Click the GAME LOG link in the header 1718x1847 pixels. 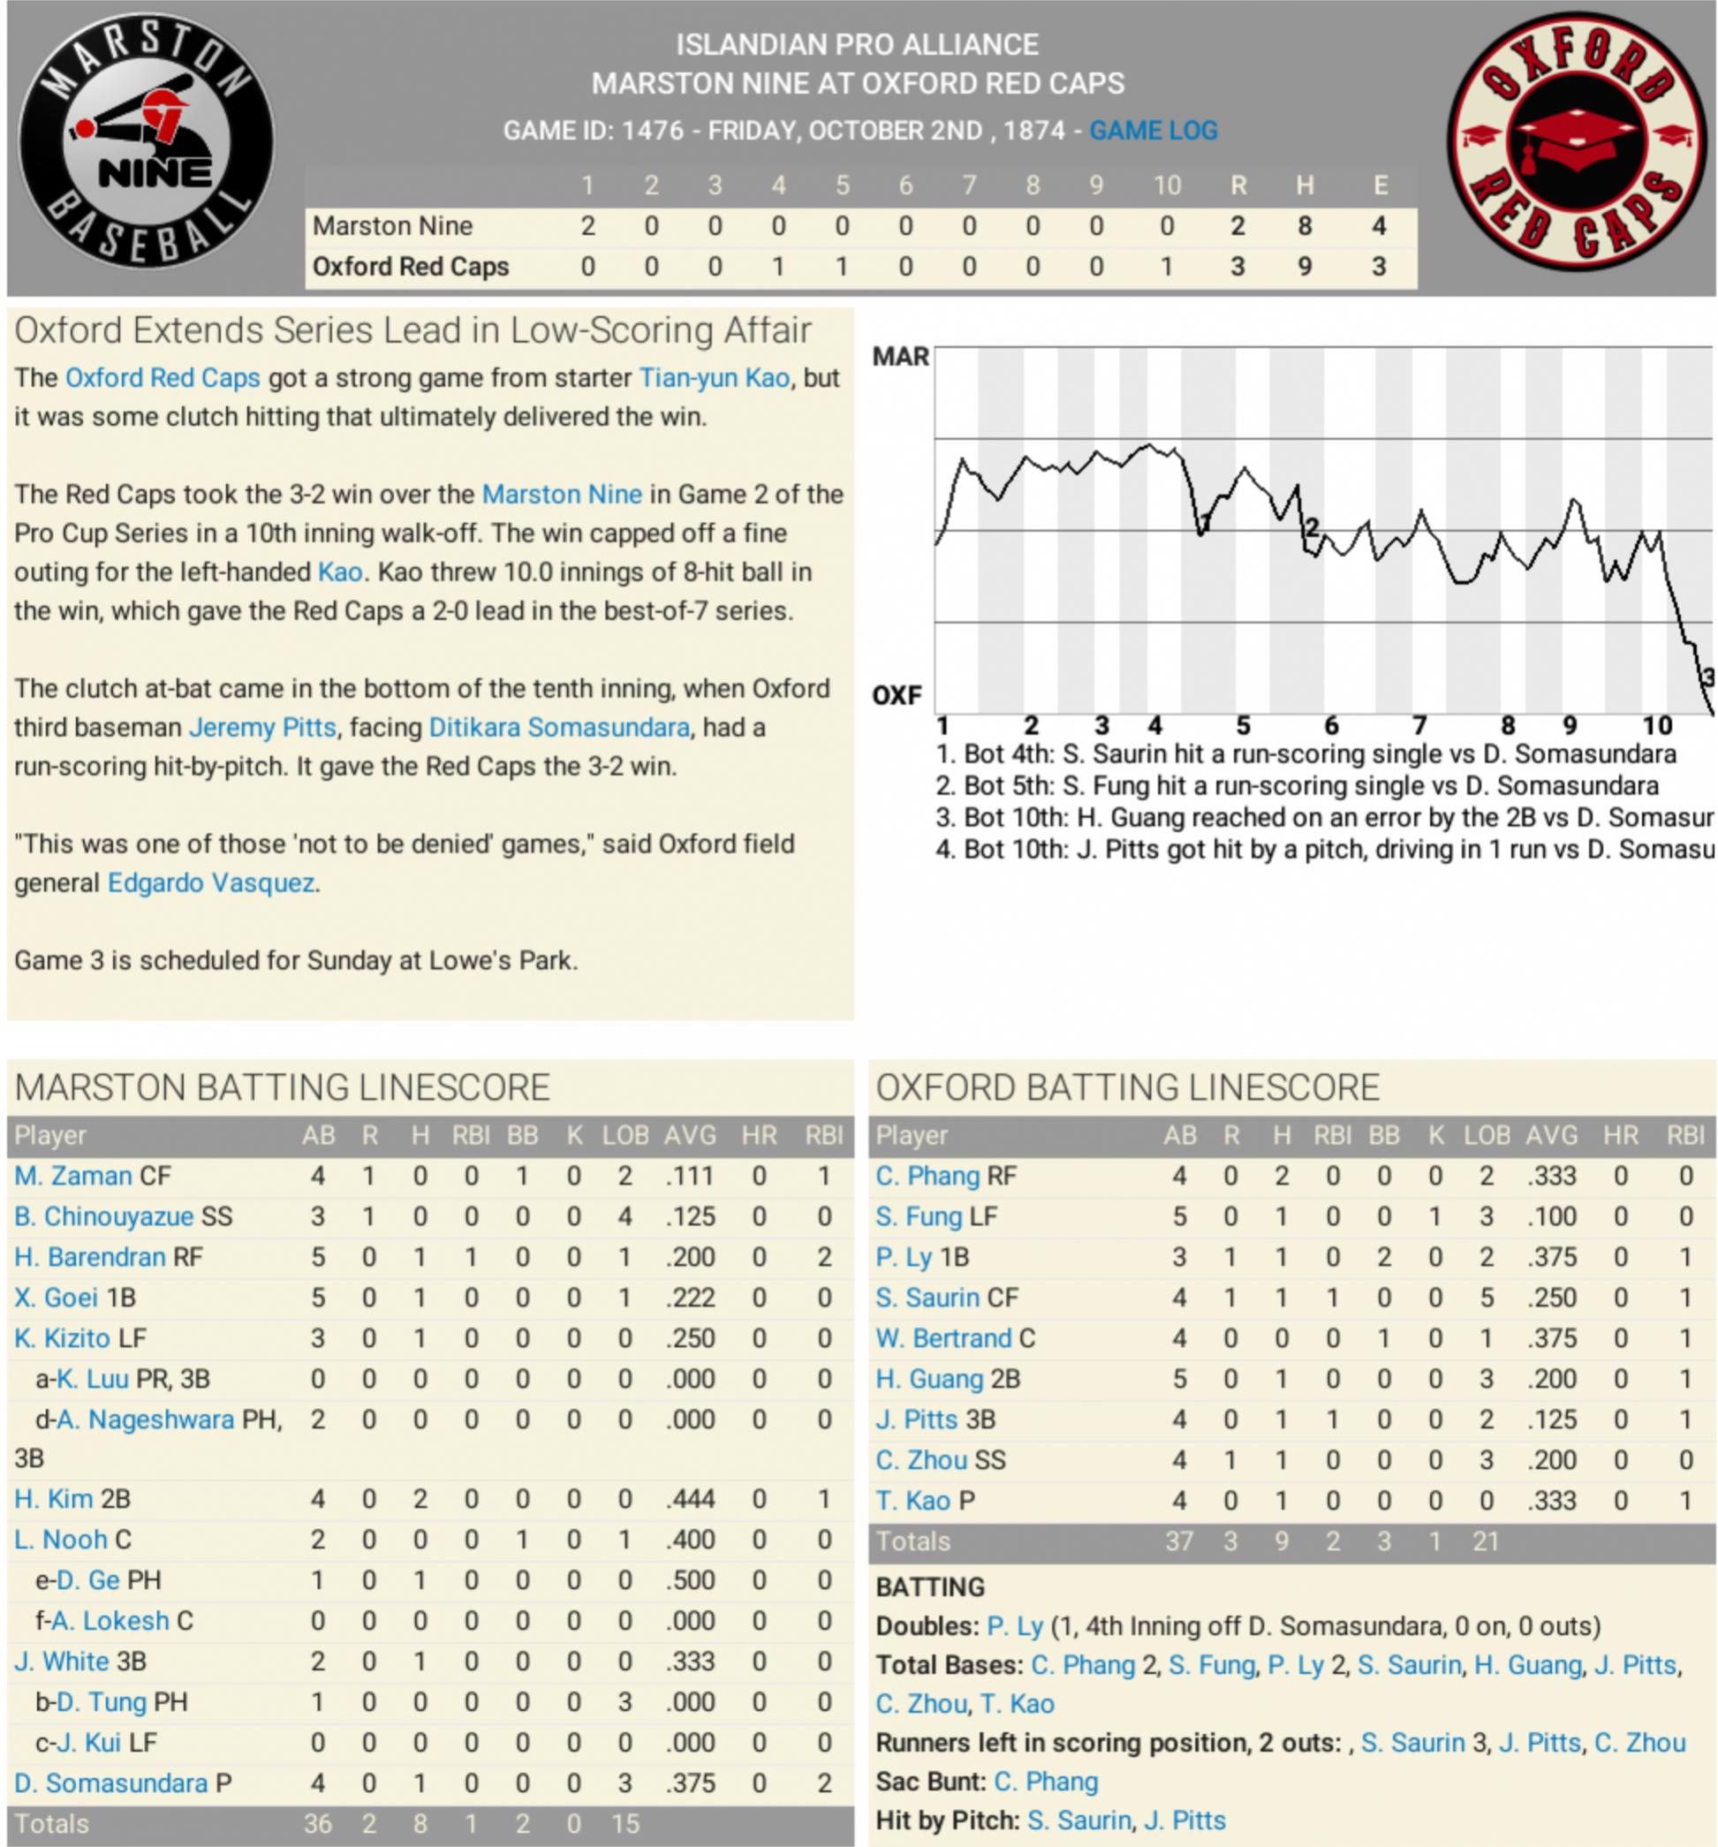click(x=1152, y=131)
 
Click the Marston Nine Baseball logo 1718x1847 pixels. click(x=146, y=145)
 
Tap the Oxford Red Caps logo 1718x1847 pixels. click(x=1576, y=145)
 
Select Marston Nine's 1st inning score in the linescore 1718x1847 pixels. click(x=587, y=226)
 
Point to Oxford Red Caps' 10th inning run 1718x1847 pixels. click(x=1166, y=267)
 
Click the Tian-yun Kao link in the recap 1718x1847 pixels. click(x=714, y=378)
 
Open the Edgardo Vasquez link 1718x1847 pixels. click(x=211, y=882)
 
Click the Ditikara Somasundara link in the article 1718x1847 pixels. click(x=558, y=728)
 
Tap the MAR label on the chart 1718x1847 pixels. click(x=899, y=357)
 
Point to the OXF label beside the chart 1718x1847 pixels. click(x=897, y=695)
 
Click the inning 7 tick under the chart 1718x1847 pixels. click(x=1419, y=725)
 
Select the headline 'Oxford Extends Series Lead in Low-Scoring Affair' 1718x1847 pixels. click(x=412, y=330)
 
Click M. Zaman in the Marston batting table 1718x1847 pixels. click(x=72, y=1177)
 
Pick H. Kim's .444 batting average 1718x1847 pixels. click(x=690, y=1500)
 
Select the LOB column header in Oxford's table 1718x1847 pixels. click(x=1486, y=1135)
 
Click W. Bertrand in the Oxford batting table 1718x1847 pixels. click(x=943, y=1339)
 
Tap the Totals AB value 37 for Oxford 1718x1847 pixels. click(x=1178, y=1542)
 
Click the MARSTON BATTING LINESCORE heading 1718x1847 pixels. click(x=283, y=1088)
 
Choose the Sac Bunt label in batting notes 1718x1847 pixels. click(x=930, y=1782)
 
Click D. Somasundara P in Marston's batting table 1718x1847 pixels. click(x=123, y=1783)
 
